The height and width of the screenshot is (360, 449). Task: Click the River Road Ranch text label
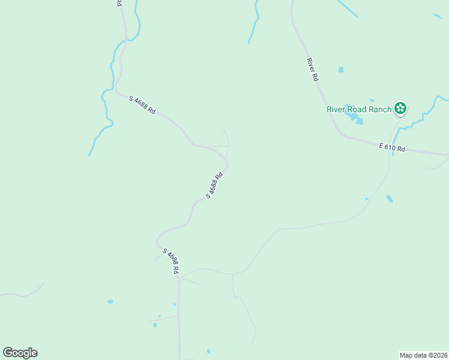[359, 109]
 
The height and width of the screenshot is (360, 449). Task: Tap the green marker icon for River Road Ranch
[400, 109]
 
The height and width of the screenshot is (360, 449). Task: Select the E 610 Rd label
[393, 148]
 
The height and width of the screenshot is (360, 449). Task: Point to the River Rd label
[312, 70]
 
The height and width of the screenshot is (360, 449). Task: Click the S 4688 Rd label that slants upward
[214, 185]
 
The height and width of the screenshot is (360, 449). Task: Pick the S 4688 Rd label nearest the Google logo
[171, 262]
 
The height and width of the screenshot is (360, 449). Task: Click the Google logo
[20, 353]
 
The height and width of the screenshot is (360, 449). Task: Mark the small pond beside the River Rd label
[341, 70]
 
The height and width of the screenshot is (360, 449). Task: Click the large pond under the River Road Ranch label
[358, 121]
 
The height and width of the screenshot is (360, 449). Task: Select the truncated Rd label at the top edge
[118, 3]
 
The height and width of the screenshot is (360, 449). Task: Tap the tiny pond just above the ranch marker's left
[372, 100]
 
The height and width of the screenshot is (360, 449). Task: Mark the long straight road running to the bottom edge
[179, 324]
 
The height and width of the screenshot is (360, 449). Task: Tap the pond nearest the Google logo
[110, 301]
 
